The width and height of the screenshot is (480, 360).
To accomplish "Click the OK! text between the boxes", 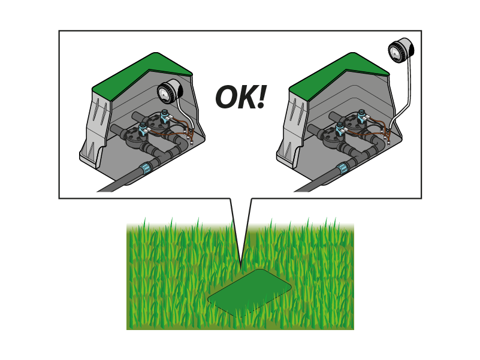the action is coord(241,97).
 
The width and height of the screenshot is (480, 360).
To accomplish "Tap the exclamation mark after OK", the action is coord(262,97).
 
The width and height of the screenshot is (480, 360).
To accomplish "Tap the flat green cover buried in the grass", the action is coord(249,293).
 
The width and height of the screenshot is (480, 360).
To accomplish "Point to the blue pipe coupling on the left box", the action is coord(146,168).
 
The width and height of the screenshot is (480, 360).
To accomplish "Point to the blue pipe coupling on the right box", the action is coord(343,168).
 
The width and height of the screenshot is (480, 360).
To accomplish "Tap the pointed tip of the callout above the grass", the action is coord(241,269).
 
